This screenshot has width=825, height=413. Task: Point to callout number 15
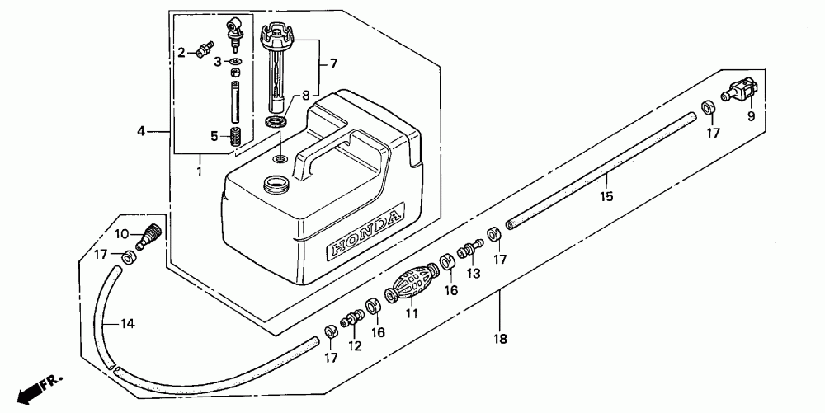coord(606,197)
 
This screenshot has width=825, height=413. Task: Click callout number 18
coord(501,338)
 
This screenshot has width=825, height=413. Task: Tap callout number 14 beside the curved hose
coord(126,323)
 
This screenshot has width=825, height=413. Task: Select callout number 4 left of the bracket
coord(141,130)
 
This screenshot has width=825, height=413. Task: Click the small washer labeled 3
coord(235,62)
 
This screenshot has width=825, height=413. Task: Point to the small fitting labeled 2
coord(200,52)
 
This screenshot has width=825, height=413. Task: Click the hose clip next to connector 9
coord(708,109)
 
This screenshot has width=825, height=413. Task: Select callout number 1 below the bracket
coord(199,171)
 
